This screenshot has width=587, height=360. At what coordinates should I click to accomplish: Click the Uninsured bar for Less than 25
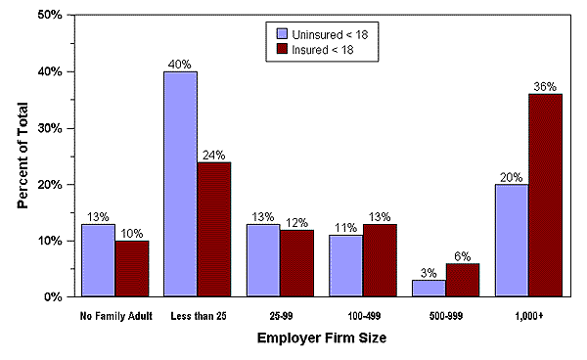click(x=180, y=184)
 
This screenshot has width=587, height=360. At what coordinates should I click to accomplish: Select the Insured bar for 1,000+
click(x=546, y=196)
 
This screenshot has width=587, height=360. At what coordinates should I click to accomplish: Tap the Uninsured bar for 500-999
click(x=429, y=288)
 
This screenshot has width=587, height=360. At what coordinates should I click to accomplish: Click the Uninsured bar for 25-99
click(x=263, y=259)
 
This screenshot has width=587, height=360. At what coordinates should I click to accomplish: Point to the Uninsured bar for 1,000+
click(x=512, y=240)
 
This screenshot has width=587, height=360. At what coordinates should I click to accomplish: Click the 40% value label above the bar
click(x=180, y=64)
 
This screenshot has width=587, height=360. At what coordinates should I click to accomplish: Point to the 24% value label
click(x=213, y=154)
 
